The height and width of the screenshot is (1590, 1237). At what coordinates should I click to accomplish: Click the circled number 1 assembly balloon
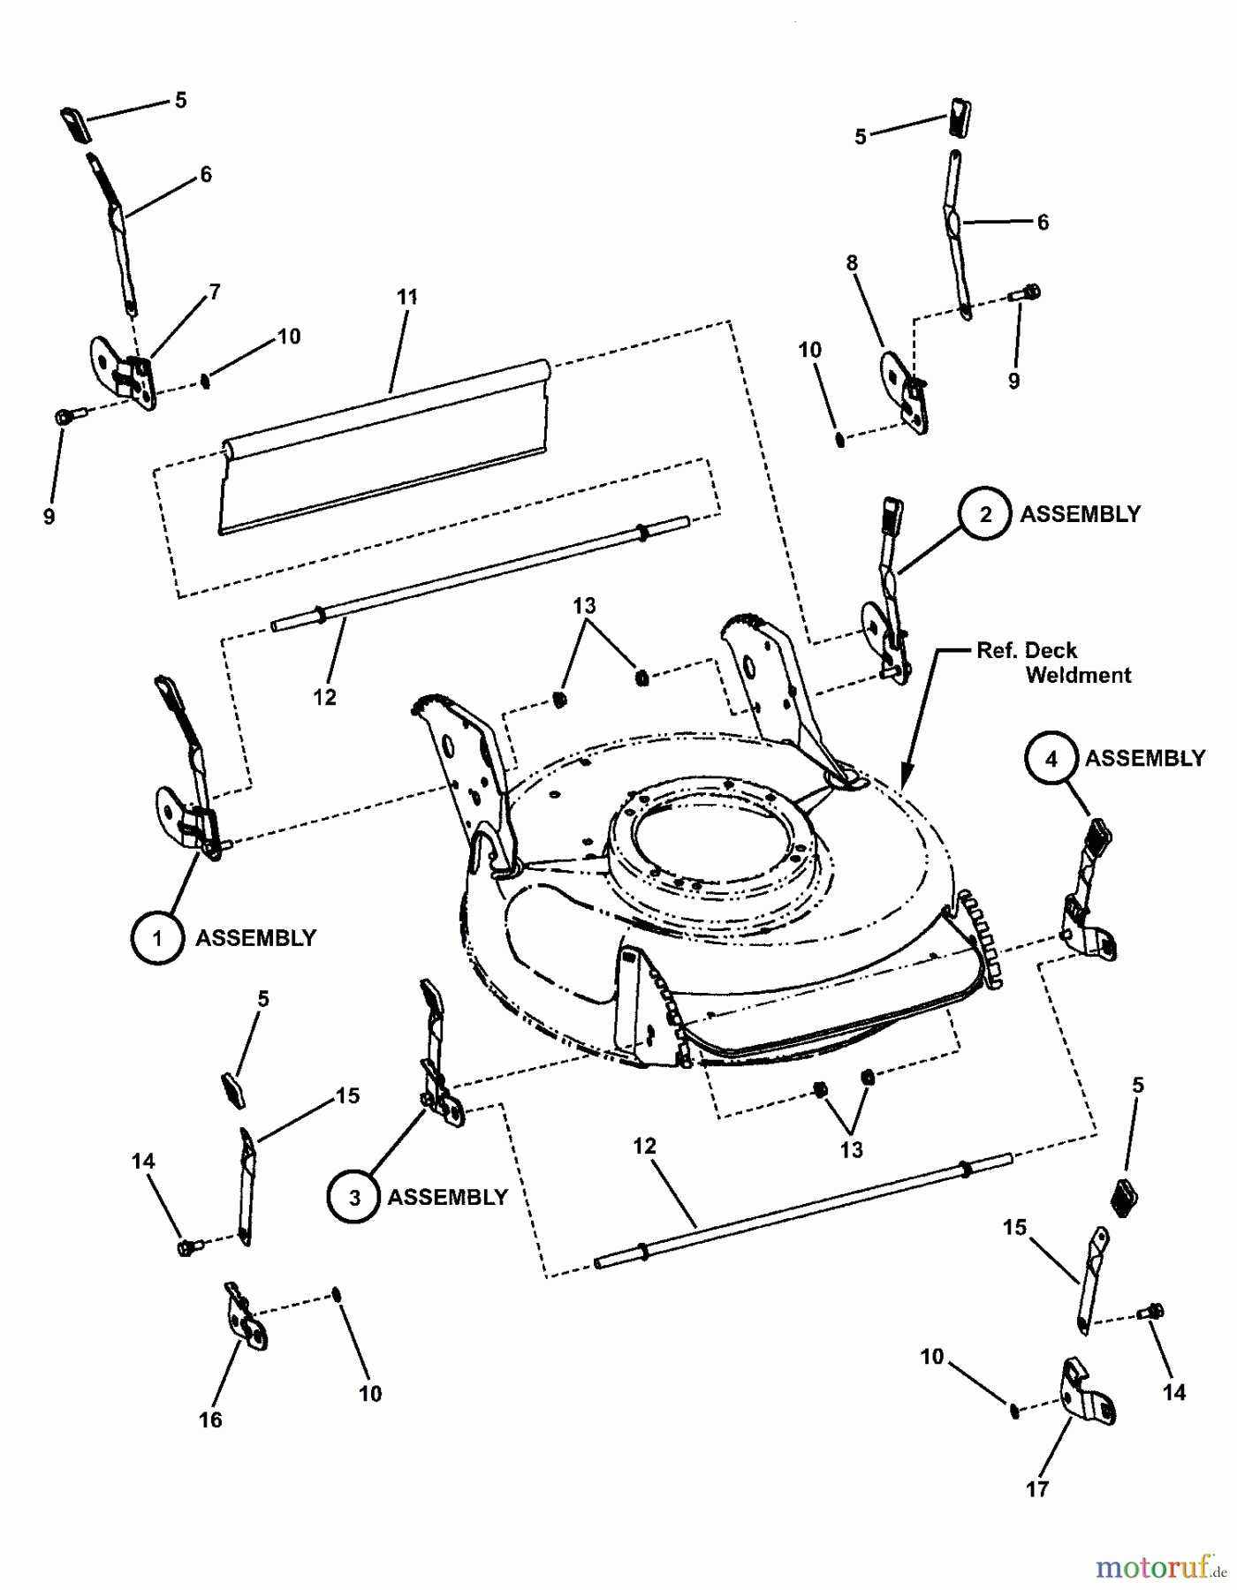(x=158, y=937)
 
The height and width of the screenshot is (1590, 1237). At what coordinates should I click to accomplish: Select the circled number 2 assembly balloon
(x=986, y=514)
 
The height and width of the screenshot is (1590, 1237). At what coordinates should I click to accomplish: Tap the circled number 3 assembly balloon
(x=353, y=1197)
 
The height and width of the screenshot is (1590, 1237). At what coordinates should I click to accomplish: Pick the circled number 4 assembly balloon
(x=1051, y=759)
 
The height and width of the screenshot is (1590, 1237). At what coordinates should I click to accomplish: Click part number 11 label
(x=406, y=298)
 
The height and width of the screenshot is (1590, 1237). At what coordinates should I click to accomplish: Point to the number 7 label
(x=215, y=292)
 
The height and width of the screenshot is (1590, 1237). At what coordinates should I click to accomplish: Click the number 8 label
(x=852, y=263)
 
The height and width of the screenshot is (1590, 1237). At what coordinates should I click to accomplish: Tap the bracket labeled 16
(x=246, y=1321)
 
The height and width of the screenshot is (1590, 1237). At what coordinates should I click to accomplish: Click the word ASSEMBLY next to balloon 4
(x=1145, y=759)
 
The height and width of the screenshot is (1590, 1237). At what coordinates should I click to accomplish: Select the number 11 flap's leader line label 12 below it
(x=324, y=697)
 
